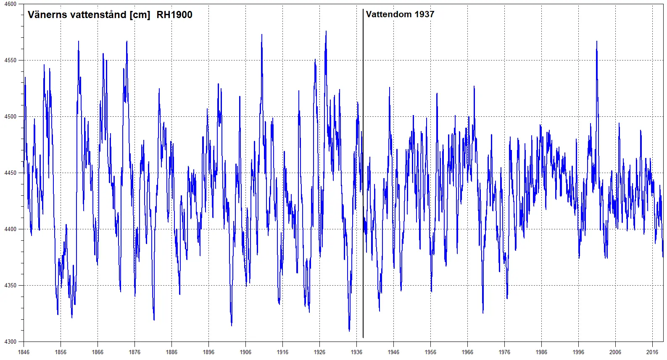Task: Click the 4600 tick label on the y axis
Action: (x=11, y=4)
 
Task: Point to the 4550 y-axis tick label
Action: (x=11, y=60)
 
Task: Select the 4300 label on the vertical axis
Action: (x=11, y=342)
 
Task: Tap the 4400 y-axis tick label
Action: (x=11, y=229)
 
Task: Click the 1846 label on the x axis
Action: (x=24, y=352)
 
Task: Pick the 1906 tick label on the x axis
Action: (x=245, y=352)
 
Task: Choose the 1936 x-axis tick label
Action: (x=356, y=352)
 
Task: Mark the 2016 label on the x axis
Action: (x=652, y=352)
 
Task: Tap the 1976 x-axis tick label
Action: (x=504, y=352)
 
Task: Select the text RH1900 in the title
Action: (x=174, y=15)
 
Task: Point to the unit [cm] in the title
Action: (x=140, y=15)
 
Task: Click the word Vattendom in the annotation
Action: (x=389, y=14)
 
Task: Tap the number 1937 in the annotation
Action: (x=424, y=14)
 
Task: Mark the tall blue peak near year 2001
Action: (x=596, y=42)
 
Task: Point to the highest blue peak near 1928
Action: (x=326, y=32)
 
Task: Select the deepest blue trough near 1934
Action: (x=349, y=330)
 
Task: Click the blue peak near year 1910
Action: (x=262, y=35)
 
